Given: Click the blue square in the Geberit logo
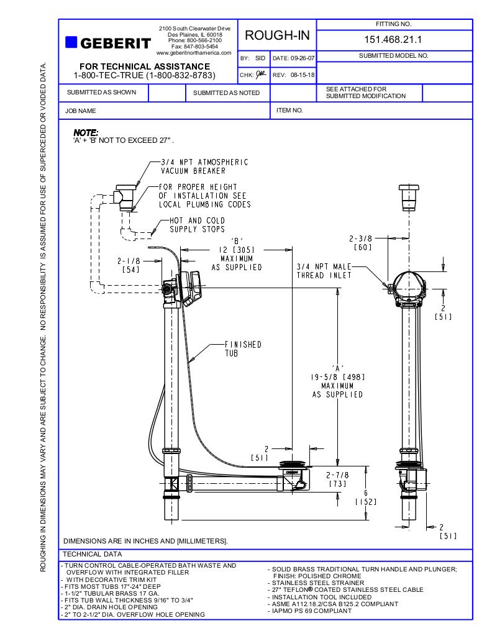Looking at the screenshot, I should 71,42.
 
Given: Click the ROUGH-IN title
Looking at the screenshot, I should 277,35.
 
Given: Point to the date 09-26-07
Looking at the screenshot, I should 294,58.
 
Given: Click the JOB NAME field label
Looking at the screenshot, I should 80,111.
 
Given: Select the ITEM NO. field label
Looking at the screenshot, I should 289,111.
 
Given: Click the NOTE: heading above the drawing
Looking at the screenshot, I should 86,132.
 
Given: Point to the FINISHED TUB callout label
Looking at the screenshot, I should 243,348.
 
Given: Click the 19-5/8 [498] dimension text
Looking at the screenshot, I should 337,376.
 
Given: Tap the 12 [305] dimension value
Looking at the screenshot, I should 237,250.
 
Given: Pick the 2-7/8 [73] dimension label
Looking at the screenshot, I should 337,479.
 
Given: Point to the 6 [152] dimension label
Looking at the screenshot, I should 366,497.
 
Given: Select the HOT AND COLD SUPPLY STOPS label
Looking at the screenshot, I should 198,225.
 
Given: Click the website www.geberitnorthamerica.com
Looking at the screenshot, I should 194,53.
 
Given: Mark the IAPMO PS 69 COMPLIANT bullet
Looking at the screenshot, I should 312,611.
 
